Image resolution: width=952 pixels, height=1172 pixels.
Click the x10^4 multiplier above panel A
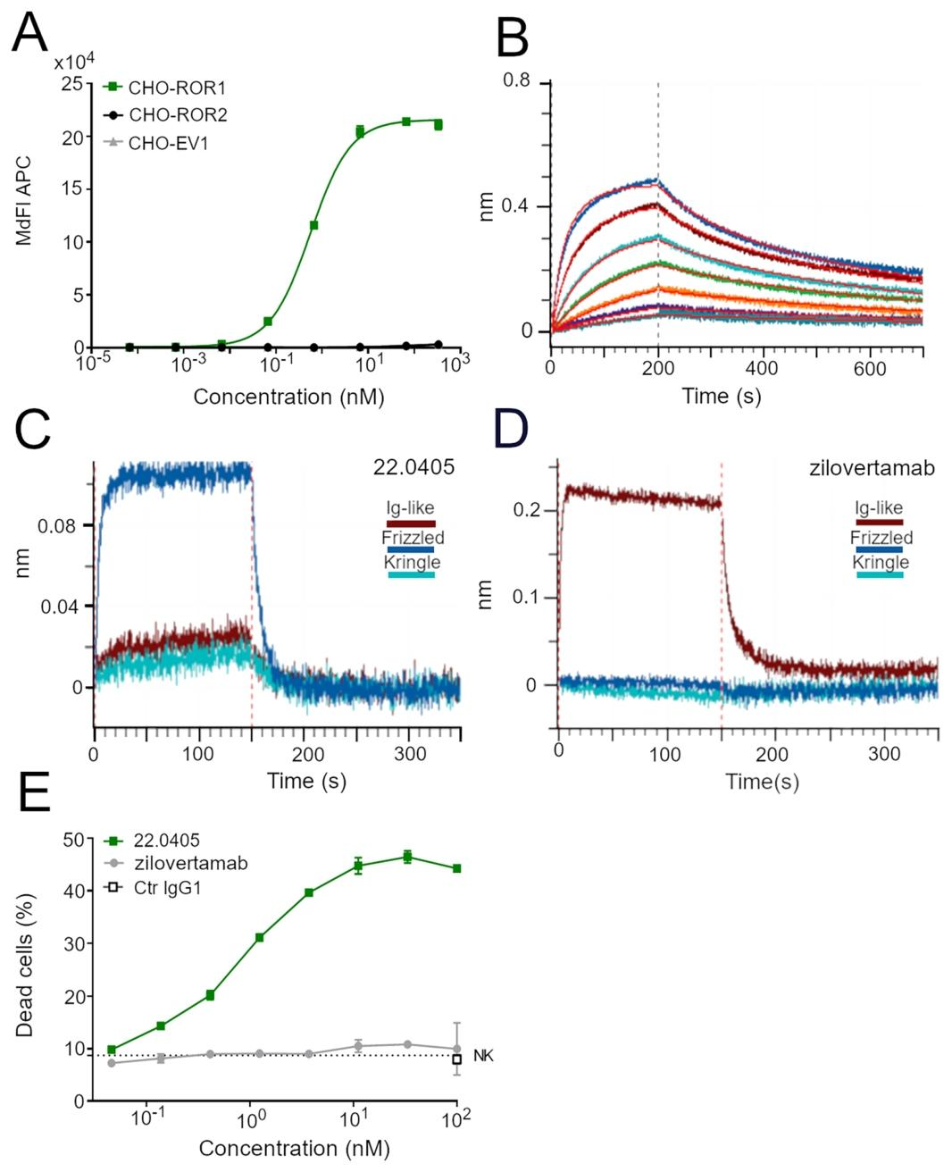pyautogui.click(x=74, y=63)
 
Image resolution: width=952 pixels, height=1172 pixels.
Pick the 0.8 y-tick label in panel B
pyautogui.click(x=516, y=81)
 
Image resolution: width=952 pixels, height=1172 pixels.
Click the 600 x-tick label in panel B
pyautogui.click(x=871, y=369)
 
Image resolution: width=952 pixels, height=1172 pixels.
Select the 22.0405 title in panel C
pyautogui.click(x=413, y=467)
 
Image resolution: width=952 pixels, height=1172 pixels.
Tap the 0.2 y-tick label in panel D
pyautogui.click(x=528, y=510)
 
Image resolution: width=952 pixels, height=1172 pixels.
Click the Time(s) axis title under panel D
pyautogui.click(x=762, y=782)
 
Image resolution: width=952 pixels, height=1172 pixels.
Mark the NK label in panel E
pyautogui.click(x=483, y=1056)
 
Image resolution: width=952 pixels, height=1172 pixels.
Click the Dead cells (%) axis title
pyautogui.click(x=25, y=968)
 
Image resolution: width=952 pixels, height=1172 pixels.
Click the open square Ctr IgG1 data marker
pyautogui.click(x=456, y=1059)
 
